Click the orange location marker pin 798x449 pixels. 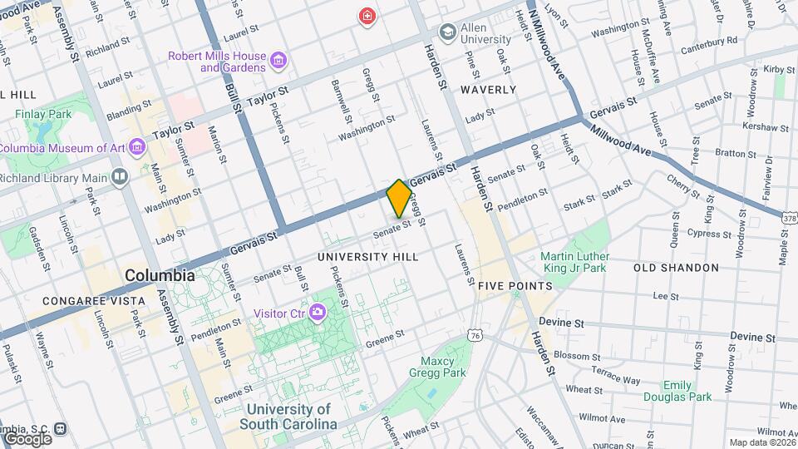coord(399,198)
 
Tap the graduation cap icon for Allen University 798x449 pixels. coord(449,31)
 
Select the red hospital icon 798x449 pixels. coord(366,16)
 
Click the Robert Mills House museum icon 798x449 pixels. coord(278,60)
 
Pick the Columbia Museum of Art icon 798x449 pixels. coord(137,148)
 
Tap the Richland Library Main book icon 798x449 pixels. coord(121,177)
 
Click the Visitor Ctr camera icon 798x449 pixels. coord(316,313)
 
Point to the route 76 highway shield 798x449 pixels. coord(475,334)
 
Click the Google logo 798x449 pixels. coord(27,438)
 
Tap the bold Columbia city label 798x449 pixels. coord(160,275)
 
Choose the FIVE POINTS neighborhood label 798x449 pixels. coord(515,286)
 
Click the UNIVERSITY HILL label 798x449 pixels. coord(368,257)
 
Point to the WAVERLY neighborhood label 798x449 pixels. coord(488,89)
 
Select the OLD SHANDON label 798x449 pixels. coord(676,268)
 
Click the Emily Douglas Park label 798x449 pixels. coord(687,391)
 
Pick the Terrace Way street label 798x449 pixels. coord(613,379)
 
